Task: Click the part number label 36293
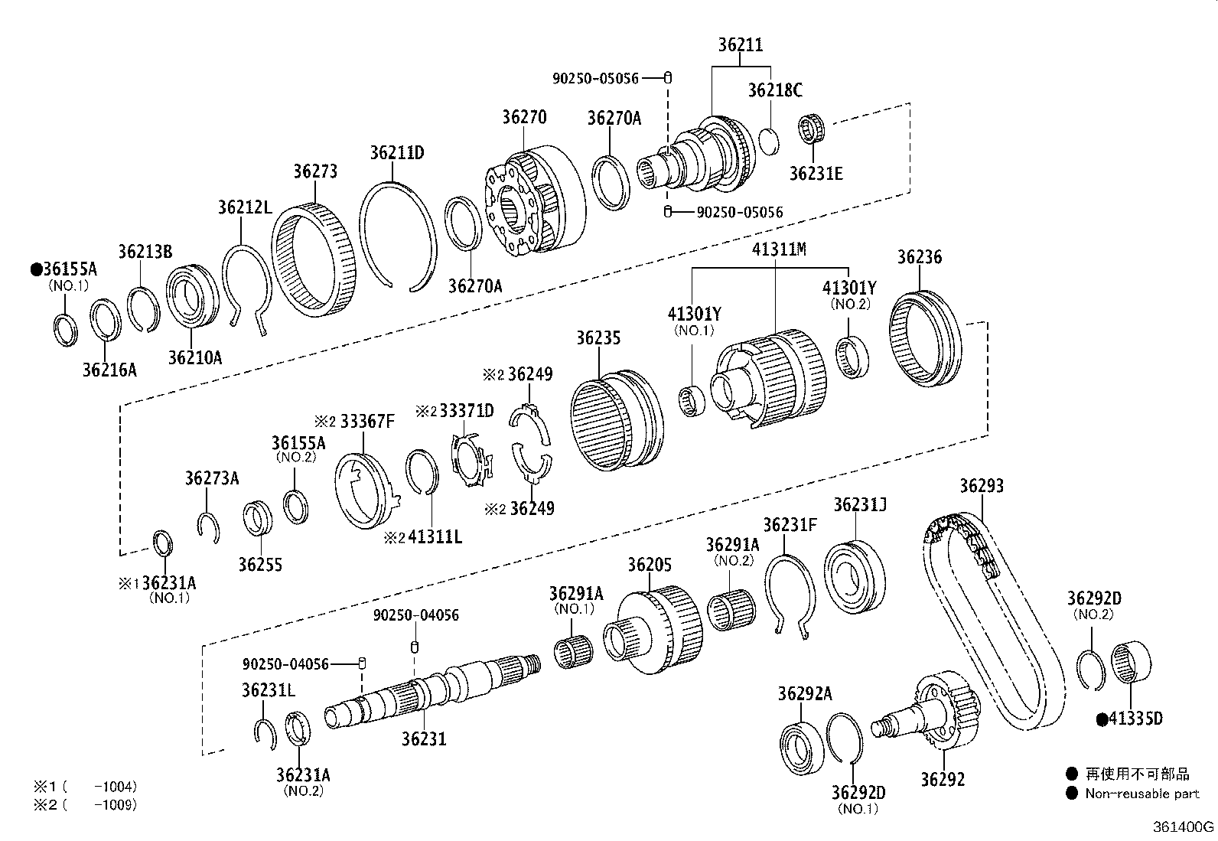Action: [982, 486]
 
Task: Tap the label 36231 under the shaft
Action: [424, 738]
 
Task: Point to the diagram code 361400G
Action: [1184, 827]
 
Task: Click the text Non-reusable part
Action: [1141, 794]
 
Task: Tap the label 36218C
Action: [775, 90]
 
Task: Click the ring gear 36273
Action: [314, 257]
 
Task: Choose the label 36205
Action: [650, 565]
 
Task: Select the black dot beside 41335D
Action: [1102, 719]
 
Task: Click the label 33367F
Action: [368, 421]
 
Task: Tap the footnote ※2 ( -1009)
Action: [84, 804]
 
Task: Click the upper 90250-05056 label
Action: [595, 78]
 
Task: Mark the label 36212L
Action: [244, 207]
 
